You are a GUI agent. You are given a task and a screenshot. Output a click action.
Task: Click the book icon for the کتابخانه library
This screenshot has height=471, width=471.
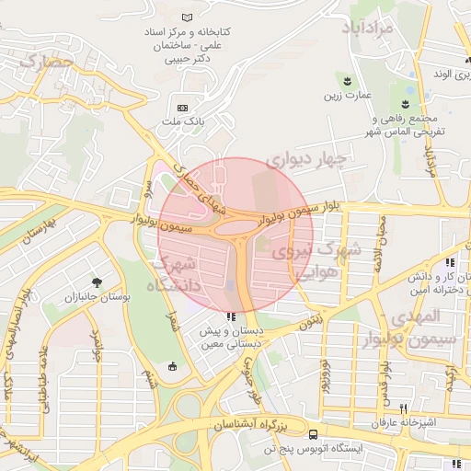click(x=188, y=17)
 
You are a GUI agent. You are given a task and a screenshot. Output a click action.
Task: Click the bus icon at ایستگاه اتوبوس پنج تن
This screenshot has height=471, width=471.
click(x=315, y=434)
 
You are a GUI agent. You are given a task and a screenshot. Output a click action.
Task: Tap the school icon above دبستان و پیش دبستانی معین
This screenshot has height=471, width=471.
click(x=230, y=317)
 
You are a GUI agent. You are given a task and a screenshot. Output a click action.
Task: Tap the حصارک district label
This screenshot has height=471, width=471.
click(x=45, y=62)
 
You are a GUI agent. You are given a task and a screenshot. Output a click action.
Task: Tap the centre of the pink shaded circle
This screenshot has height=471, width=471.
click(x=235, y=235)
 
